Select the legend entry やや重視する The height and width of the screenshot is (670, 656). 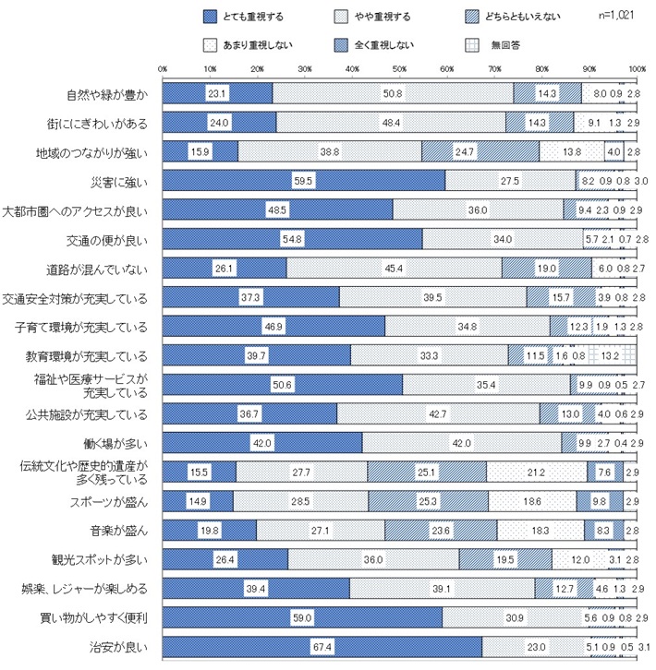(x=383, y=16)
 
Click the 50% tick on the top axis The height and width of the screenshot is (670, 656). (x=400, y=69)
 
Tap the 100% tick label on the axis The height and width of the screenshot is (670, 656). (x=636, y=69)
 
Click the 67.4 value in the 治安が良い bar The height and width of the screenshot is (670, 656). (x=322, y=648)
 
